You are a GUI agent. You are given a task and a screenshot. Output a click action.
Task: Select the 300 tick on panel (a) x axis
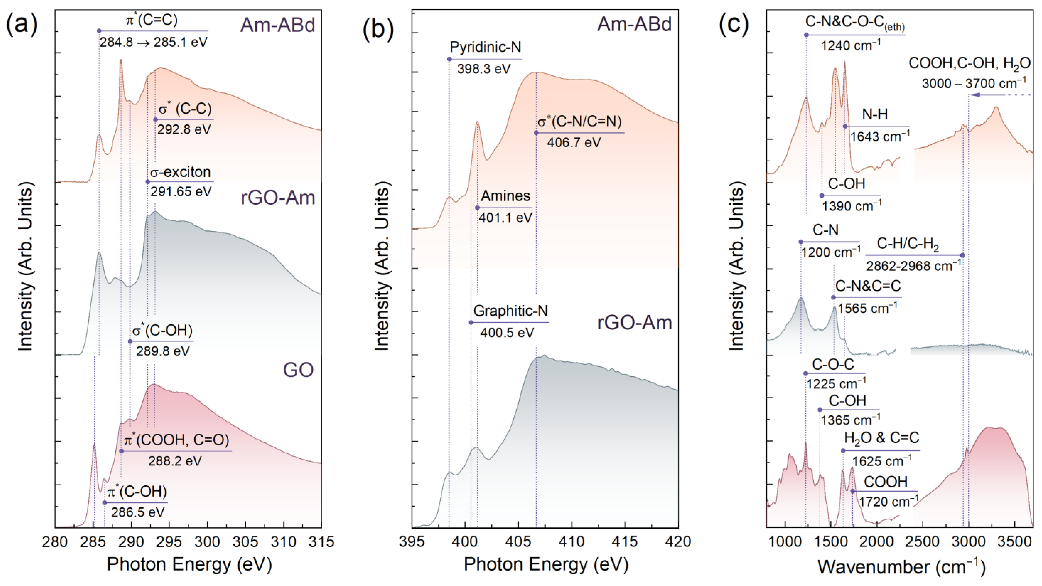[207, 541]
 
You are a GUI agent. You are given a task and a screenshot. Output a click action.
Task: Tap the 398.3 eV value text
[484, 69]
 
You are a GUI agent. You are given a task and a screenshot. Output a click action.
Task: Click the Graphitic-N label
[511, 311]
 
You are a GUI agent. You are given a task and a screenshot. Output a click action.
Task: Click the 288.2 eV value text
[175, 461]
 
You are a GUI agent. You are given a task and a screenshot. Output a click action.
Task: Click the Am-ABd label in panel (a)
[278, 25]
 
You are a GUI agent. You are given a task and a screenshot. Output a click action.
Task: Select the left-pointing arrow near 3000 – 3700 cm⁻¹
[987, 95]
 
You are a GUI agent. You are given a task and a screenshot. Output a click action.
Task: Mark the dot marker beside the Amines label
[477, 208]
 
